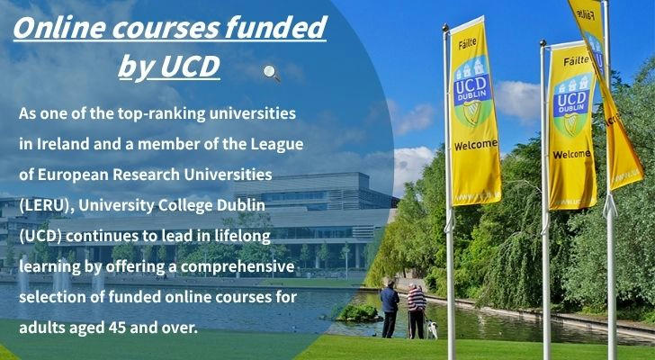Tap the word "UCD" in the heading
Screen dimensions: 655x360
pyautogui.click(x=190, y=66)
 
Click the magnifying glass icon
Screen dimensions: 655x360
pyautogui.click(x=272, y=73)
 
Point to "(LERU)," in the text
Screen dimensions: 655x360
pyautogui.click(x=47, y=205)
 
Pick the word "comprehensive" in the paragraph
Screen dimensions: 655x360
pyautogui.click(x=238, y=267)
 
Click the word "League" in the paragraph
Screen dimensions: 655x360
pyautogui.click(x=277, y=145)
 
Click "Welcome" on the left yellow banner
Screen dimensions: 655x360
pyautogui.click(x=476, y=145)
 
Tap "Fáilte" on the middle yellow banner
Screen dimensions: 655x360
pyautogui.click(x=576, y=62)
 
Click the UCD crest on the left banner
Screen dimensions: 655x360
pyautogui.click(x=472, y=91)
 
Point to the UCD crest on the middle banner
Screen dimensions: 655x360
pyautogui.click(x=573, y=104)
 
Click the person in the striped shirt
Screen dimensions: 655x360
pyautogui.click(x=417, y=310)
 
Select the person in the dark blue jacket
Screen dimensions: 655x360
pyautogui.click(x=390, y=309)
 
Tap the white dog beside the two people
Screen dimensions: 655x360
pyautogui.click(x=431, y=329)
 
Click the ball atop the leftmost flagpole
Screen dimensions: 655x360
pyautogui.click(x=445, y=28)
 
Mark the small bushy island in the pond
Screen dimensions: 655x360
pyautogui.click(x=357, y=313)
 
